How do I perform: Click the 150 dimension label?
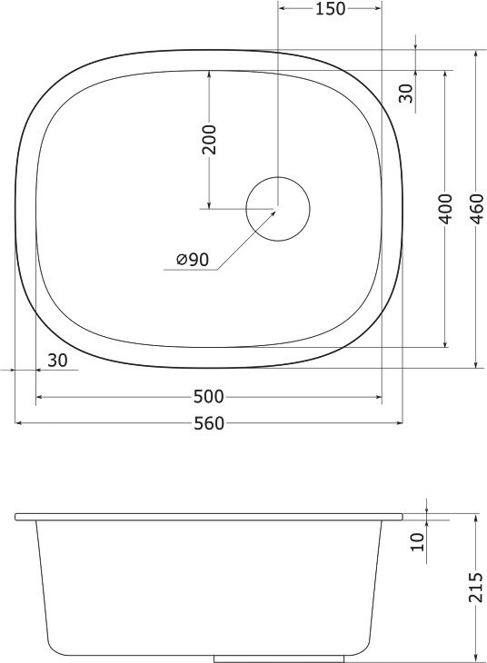click(x=330, y=10)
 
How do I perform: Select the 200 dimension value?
click(x=209, y=139)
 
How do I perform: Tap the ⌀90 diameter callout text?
click(x=193, y=260)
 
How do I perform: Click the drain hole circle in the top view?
click(x=278, y=209)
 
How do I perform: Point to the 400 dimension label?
click(x=445, y=209)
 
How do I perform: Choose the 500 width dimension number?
click(x=209, y=397)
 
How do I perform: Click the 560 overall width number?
click(x=209, y=423)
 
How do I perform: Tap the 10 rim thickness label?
click(x=417, y=542)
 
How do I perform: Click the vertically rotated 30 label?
click(x=406, y=94)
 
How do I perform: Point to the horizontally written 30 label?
click(x=57, y=361)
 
